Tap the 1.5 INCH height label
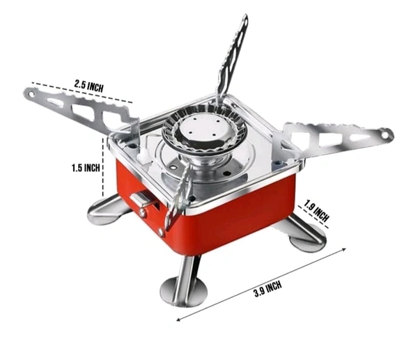[86, 168]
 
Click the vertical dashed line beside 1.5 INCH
[104, 170]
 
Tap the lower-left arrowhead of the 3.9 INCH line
[178, 320]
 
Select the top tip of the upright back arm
[242, 19]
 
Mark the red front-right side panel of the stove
[237, 216]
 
